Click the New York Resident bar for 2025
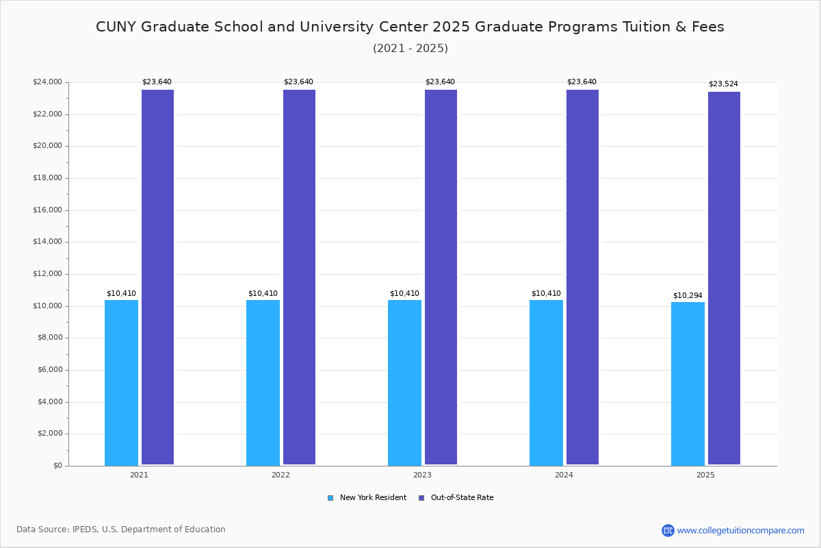pos(688,384)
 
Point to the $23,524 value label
pos(723,84)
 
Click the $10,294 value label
pos(688,296)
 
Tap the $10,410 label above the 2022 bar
pos(263,294)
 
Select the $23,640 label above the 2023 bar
pos(440,82)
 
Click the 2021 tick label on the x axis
pos(139,475)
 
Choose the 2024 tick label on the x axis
pos(564,475)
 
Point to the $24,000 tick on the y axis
pos(47,82)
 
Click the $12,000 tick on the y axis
pos(47,274)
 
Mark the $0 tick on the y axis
pos(57,466)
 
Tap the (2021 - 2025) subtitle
pos(410,49)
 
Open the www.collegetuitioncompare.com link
pos(740,530)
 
